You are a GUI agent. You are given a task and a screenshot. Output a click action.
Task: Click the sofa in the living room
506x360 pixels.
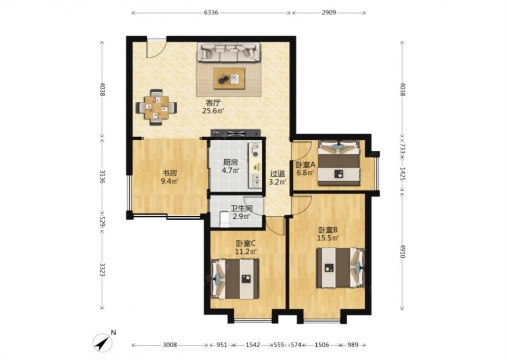click(229, 52)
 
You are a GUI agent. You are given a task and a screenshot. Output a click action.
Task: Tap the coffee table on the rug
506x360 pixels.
click(229, 78)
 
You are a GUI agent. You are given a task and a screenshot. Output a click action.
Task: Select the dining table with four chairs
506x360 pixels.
click(156, 107)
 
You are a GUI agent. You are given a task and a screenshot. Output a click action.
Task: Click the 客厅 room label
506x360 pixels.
click(213, 103)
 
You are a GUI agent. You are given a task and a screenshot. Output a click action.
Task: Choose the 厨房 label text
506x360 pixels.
click(230, 162)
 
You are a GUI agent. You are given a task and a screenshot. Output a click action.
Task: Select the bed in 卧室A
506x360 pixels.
click(339, 163)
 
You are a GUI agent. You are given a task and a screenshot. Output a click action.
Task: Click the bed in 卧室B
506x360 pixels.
click(340, 268)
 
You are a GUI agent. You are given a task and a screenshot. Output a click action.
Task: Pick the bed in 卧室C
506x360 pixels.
click(235, 279)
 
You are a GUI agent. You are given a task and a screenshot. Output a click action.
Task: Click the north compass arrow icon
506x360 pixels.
click(103, 343)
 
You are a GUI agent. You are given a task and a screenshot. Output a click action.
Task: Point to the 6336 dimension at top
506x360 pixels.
click(211, 13)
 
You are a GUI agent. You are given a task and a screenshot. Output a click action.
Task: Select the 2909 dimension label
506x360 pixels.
click(328, 13)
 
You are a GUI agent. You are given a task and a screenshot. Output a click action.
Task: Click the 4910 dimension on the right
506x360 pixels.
click(402, 251)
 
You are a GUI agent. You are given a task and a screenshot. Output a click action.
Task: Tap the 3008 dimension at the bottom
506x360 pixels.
click(170, 345)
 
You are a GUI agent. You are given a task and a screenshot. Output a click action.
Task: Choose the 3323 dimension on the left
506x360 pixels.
click(102, 270)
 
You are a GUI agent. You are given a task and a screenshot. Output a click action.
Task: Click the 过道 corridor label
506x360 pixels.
click(277, 174)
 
